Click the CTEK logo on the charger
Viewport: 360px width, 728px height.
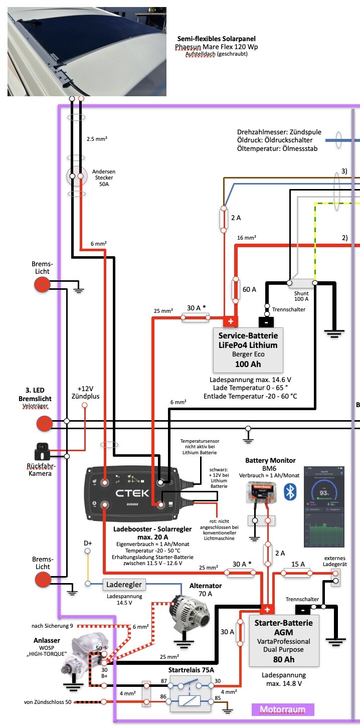click(133, 493)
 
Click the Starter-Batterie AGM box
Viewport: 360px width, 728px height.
click(284, 640)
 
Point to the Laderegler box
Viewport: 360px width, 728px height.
click(124, 584)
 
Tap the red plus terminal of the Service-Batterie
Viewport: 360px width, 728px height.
click(231, 320)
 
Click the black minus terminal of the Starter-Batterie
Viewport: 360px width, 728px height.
click(303, 610)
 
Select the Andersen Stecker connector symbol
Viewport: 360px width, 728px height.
click(77, 176)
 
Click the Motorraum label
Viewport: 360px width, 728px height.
click(283, 709)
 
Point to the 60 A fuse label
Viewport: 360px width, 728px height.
click(249, 289)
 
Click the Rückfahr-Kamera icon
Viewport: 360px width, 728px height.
click(43, 455)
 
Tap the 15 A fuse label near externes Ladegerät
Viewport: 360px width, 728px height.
click(298, 565)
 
